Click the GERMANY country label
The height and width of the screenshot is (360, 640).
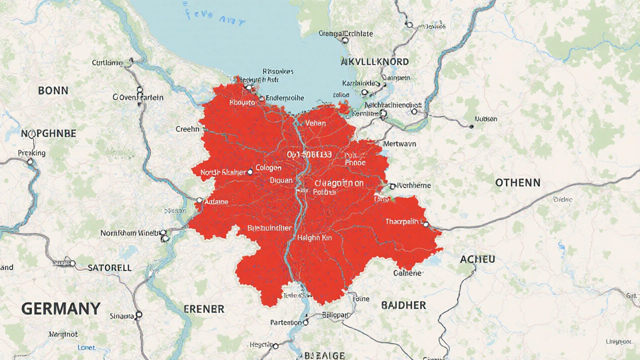coord(61,308)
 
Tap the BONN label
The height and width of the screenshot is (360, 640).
coord(53,90)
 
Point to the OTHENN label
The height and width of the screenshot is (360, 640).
coord(517,183)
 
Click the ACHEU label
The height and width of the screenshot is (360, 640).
coord(477,259)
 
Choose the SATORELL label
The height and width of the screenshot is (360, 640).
coord(109,267)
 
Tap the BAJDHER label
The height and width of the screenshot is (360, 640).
coord(403,305)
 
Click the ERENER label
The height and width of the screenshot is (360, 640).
coord(204,308)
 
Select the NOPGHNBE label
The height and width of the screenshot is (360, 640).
coord(48,133)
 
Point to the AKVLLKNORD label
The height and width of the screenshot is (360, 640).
coord(375,62)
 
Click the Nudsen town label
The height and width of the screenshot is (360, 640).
coord(486,119)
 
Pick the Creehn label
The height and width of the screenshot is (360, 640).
coord(187,129)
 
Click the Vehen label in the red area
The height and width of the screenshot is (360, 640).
coord(315,123)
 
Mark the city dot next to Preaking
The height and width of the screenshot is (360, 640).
coord(30,161)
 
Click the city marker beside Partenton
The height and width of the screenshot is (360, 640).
coord(305,323)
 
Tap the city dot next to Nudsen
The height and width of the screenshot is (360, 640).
coord(471,126)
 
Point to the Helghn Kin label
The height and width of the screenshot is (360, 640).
coord(314,238)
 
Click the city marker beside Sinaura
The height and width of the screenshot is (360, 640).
coord(139,314)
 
